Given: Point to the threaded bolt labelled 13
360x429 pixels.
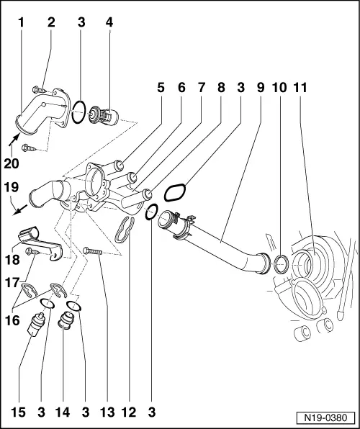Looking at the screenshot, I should click(x=94, y=250).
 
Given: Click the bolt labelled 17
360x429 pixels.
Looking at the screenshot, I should click(x=33, y=251).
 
